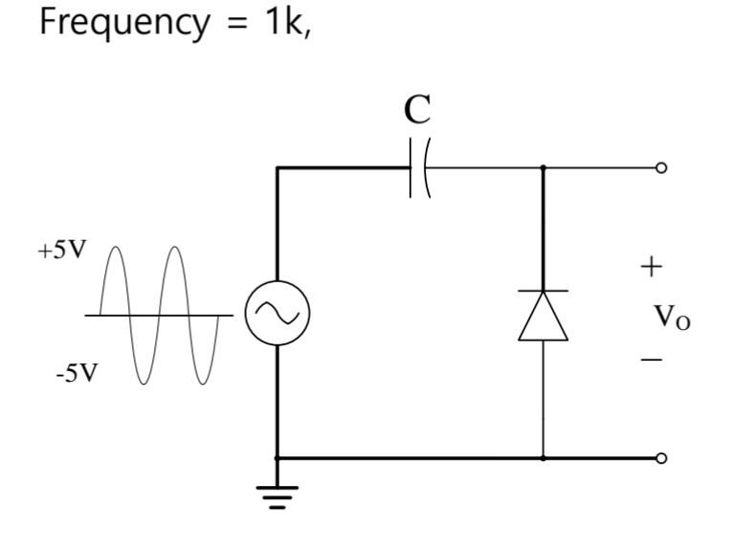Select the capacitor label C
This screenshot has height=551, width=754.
[417, 110]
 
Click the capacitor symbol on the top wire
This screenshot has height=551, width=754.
[418, 168]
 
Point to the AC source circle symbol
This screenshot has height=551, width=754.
[277, 315]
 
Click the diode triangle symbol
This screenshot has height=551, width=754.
[543, 317]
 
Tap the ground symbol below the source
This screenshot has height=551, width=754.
[277, 496]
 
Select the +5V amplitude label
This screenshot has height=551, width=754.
[62, 251]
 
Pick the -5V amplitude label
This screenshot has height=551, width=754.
[76, 373]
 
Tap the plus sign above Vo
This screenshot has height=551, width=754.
[651, 266]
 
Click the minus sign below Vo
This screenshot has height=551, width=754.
[651, 360]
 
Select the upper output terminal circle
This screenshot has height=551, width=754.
[660, 168]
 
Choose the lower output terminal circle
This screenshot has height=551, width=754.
[660, 458]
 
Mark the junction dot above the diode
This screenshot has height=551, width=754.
[543, 168]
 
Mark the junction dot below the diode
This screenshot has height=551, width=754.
[543, 458]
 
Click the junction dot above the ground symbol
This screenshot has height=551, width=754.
[277, 458]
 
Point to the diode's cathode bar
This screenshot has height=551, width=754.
[543, 291]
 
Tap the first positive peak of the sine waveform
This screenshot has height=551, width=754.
[114, 249]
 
